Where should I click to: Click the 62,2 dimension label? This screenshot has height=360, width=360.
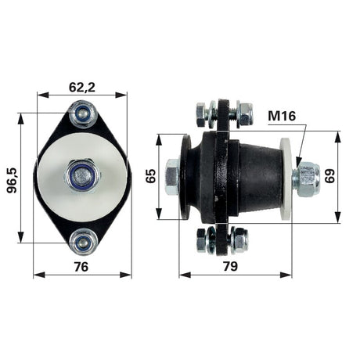82,88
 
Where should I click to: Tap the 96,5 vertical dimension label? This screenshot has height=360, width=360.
12,180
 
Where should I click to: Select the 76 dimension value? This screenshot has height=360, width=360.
81,267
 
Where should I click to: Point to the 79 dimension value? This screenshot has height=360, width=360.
231,266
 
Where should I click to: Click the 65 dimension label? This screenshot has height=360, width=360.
151,176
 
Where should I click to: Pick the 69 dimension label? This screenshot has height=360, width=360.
329,176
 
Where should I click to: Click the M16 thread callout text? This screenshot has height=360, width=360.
282,116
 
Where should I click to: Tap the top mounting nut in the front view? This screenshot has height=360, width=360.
83,114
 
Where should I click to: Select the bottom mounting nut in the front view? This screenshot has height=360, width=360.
83,242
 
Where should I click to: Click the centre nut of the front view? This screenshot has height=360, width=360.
82,177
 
